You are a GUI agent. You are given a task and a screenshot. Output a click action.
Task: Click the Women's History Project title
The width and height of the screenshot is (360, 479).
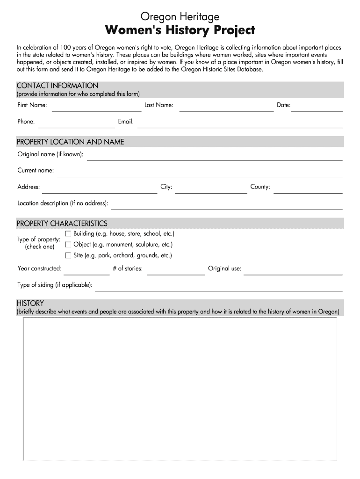180,30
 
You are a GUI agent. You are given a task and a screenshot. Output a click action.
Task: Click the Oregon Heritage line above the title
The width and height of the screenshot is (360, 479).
180,17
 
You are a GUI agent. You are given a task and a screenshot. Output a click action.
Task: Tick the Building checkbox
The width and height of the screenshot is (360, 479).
68,233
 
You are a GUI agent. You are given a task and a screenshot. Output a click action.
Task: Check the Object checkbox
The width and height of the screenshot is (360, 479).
68,244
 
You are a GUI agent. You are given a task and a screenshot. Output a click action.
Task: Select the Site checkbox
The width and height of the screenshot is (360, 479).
68,255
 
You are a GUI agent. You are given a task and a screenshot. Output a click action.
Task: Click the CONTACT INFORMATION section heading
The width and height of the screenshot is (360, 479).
58,86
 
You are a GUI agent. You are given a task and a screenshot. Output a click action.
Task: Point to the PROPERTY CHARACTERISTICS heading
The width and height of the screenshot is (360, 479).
62,224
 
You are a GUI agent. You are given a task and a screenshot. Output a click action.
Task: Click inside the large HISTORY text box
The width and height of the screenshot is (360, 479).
180,388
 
